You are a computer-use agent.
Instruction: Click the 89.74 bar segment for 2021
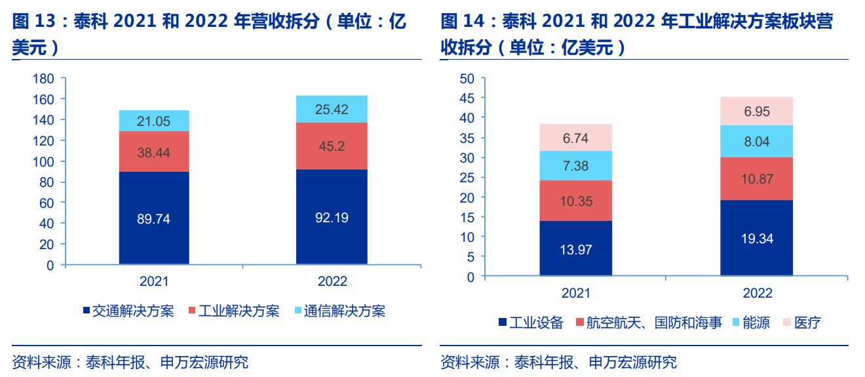pos(154,218)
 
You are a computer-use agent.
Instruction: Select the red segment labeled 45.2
pos(332,146)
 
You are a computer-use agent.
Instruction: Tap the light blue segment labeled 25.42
pos(332,109)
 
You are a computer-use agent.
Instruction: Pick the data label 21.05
pos(154,121)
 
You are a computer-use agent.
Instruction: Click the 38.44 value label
pos(154,151)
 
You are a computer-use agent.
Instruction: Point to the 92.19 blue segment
pos(332,217)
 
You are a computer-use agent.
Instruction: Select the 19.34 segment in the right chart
pos(756,238)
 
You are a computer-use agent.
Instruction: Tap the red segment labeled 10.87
pos(756,178)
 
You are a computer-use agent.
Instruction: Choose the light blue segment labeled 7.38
pos(575,165)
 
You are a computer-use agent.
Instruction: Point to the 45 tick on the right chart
pos(467,98)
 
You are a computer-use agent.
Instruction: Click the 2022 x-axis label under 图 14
pos(756,292)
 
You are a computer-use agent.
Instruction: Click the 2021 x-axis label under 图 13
pos(154,281)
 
